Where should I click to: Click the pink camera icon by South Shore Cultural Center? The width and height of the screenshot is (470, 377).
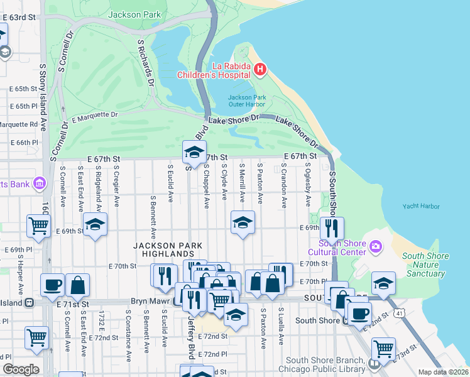coord(376,245)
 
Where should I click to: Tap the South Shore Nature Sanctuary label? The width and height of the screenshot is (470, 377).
coord(426,265)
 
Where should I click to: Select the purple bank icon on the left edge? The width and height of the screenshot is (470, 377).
coord(40,183)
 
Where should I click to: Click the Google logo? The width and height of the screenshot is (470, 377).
coord(21,369)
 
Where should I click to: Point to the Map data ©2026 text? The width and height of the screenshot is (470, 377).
coord(442,372)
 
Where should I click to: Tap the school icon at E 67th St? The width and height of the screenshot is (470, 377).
coord(194,151)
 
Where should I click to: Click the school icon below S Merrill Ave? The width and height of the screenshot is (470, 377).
coord(243,222)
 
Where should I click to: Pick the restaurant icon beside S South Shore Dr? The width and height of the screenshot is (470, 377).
coord(332,227)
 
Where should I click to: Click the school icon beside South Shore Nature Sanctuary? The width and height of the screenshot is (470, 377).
coord(383,283)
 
